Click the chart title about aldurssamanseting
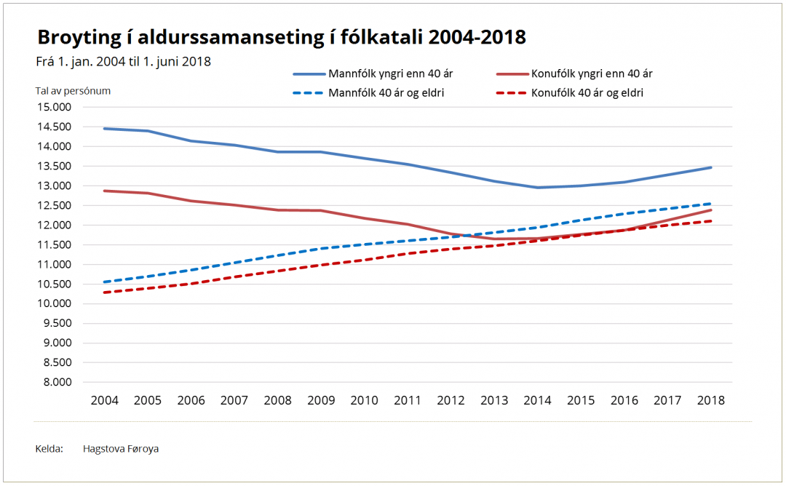coord(281,38)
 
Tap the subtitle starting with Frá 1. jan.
coord(123,62)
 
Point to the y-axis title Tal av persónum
coord(73,91)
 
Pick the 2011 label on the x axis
coord(408,401)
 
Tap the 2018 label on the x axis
coord(711,401)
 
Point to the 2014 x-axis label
coord(538,401)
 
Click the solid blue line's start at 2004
coord(104,129)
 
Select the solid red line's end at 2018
coord(711,210)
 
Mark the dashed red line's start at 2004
coord(104,292)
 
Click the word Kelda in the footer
coord(49,449)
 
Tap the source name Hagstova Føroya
coord(121,449)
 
